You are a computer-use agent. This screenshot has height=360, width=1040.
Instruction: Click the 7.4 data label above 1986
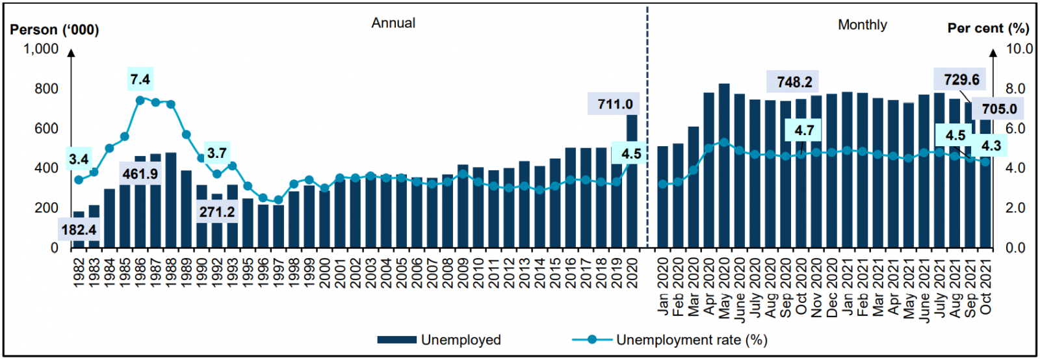click(x=140, y=79)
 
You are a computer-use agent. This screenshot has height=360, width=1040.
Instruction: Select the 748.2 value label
click(x=794, y=82)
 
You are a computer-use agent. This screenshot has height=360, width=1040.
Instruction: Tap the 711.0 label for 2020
click(x=615, y=104)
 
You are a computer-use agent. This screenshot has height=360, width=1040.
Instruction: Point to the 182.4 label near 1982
click(x=79, y=229)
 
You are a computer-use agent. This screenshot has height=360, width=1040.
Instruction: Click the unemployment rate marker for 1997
click(x=278, y=200)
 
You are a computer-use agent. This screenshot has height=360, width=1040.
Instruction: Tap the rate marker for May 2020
click(x=723, y=142)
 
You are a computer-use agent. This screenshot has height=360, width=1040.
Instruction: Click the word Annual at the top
click(x=393, y=23)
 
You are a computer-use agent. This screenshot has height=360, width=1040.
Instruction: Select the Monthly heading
click(x=862, y=25)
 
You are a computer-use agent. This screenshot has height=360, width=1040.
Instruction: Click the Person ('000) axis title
click(x=55, y=30)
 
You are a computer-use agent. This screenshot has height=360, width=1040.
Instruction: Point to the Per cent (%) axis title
click(x=988, y=28)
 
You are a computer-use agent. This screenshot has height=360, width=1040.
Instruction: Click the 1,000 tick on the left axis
click(x=41, y=49)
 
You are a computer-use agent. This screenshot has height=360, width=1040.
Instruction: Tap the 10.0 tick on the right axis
click(x=1019, y=49)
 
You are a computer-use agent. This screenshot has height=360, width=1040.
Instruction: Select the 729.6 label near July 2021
click(x=961, y=79)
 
